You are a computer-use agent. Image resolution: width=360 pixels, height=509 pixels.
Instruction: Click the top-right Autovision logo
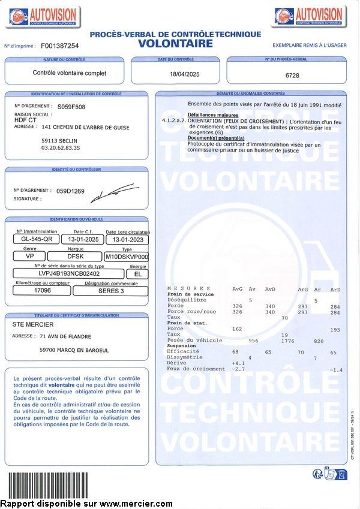(x=310, y=16)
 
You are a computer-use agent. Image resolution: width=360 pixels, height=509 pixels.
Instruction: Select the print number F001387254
(x=59, y=46)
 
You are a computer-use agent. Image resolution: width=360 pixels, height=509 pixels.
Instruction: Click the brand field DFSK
(x=76, y=256)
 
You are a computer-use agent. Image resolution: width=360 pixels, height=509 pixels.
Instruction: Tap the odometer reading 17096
(x=43, y=291)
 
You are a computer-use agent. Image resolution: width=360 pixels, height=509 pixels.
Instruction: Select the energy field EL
(x=137, y=273)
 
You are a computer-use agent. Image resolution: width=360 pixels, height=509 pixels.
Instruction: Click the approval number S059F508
(x=71, y=106)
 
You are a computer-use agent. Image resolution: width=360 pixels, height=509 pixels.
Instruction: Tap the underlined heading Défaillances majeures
(x=213, y=115)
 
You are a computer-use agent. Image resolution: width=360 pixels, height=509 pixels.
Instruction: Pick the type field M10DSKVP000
(x=127, y=256)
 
